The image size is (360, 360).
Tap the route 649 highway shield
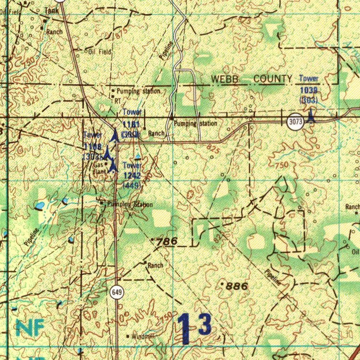(117, 292)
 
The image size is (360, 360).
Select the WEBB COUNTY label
(251, 79)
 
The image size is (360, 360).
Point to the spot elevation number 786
(167, 242)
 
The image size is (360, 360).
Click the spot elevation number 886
(237, 286)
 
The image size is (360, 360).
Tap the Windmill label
(143, 336)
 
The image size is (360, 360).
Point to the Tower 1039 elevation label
(309, 90)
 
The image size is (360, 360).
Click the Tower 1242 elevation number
(132, 176)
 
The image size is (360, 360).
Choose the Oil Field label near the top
(100, 52)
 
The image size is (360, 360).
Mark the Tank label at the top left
(52, 11)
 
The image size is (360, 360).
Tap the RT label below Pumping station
(118, 101)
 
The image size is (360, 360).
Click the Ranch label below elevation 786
(155, 265)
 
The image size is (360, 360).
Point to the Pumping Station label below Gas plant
(130, 205)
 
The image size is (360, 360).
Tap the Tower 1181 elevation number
(131, 124)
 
